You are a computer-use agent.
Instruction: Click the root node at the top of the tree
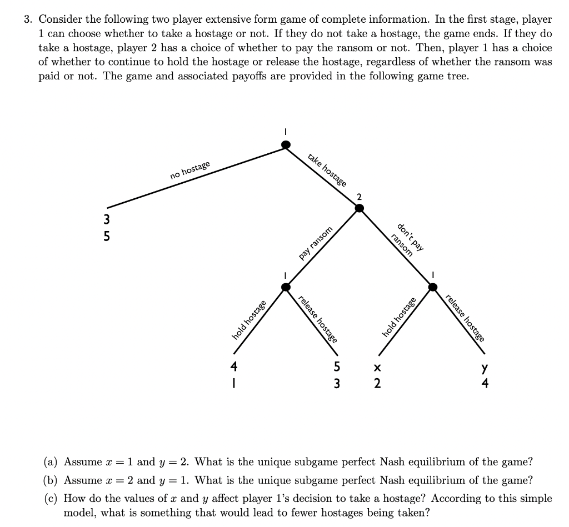(286, 145)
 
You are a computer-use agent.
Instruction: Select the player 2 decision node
(360, 208)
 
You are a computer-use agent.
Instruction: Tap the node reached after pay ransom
(286, 287)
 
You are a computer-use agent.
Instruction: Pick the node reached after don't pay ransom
(433, 287)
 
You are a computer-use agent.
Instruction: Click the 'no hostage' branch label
(191, 169)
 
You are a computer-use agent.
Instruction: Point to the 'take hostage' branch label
(327, 170)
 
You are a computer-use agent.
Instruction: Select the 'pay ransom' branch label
(316, 243)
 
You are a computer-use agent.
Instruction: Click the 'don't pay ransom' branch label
(407, 239)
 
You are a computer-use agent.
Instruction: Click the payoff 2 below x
(377, 383)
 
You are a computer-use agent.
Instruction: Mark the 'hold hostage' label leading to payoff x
(399, 317)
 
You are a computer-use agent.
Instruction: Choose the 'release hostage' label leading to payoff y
(465, 317)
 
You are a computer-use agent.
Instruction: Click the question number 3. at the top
(28, 19)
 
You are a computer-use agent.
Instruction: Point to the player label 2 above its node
(360, 197)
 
